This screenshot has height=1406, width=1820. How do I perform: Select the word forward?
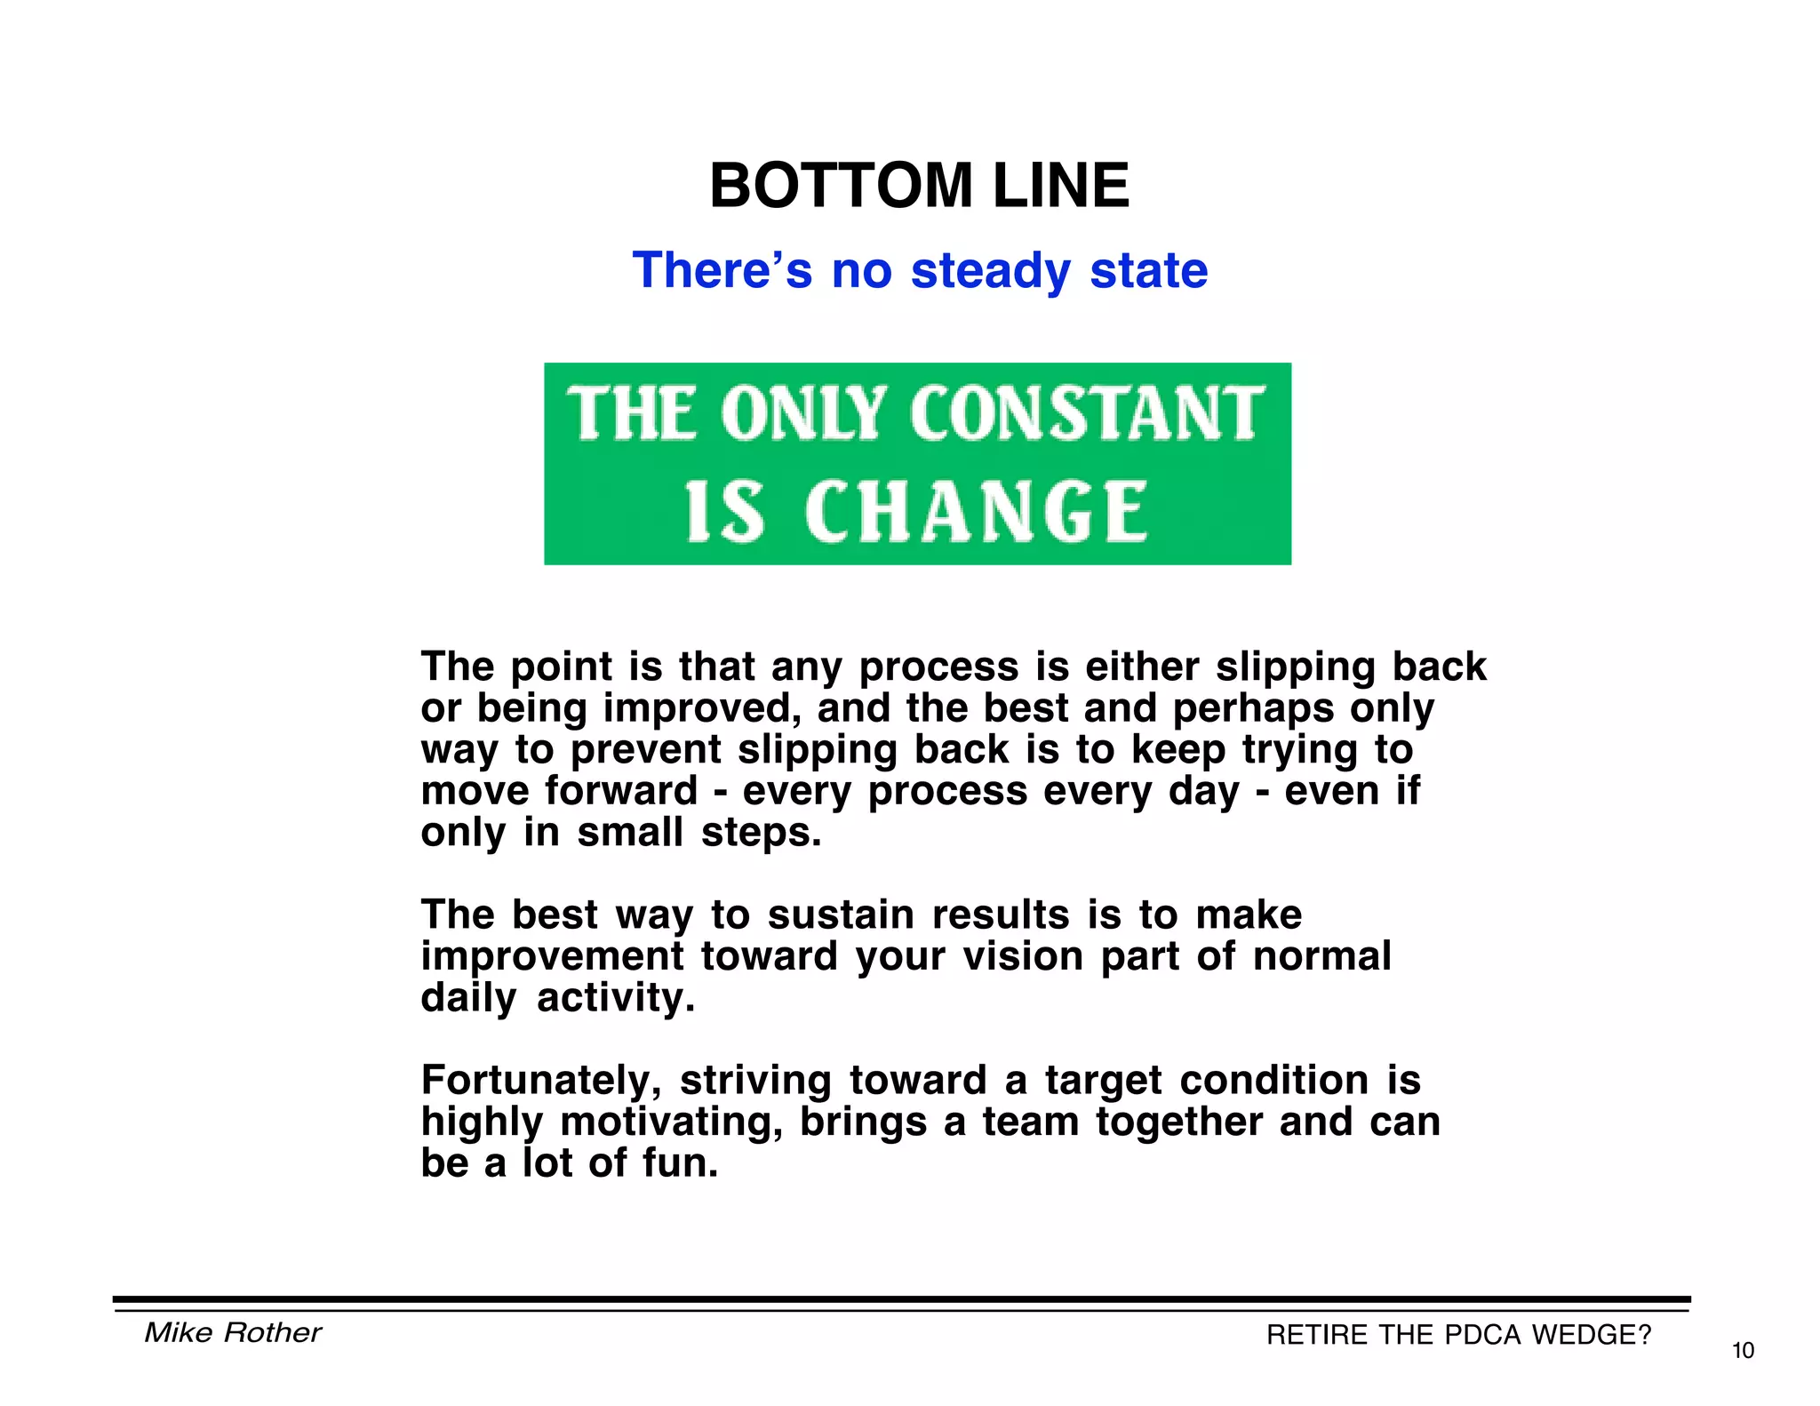[621, 791]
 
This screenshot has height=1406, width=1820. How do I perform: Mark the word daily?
[468, 998]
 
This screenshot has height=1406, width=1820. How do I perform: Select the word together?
[1179, 1122]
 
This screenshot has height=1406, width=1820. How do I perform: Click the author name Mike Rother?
[233, 1332]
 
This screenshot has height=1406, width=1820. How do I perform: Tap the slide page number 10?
[1743, 1351]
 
